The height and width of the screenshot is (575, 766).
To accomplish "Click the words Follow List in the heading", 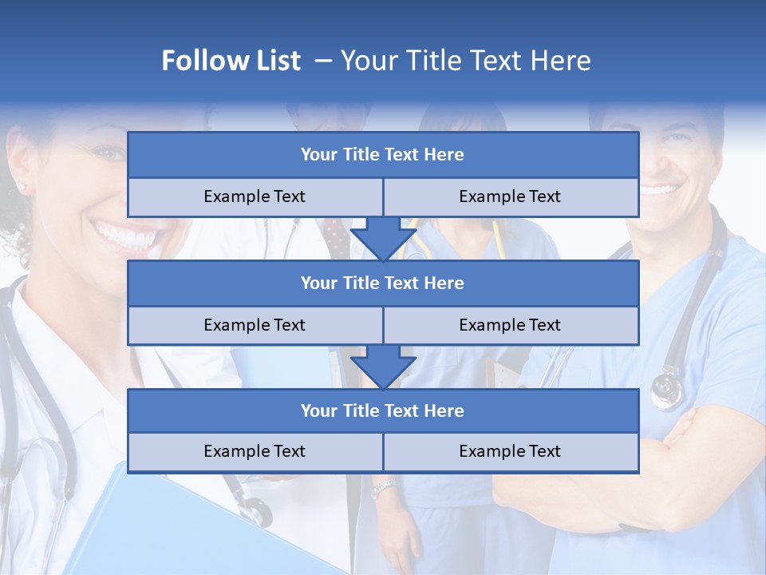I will [231, 61].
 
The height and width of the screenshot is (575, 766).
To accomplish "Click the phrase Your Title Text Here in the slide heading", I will [465, 61].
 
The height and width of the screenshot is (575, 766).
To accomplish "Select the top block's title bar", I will [383, 155].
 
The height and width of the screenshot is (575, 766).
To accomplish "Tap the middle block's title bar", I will [383, 283].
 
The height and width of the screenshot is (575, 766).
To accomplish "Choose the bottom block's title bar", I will [383, 410].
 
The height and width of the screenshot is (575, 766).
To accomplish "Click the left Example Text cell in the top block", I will [255, 197].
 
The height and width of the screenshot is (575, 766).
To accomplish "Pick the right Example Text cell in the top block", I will [511, 197].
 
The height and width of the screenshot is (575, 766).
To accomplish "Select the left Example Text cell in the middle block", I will [255, 325].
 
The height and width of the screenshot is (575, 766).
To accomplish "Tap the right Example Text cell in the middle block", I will [511, 325].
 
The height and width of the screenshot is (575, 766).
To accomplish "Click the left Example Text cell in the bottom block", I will [255, 452].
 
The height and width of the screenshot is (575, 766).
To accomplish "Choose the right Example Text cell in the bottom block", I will [511, 452].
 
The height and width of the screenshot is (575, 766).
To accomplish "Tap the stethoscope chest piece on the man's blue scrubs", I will [667, 391].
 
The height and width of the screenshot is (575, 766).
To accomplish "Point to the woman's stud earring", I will [22, 188].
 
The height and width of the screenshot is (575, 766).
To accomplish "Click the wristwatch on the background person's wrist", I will [385, 487].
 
